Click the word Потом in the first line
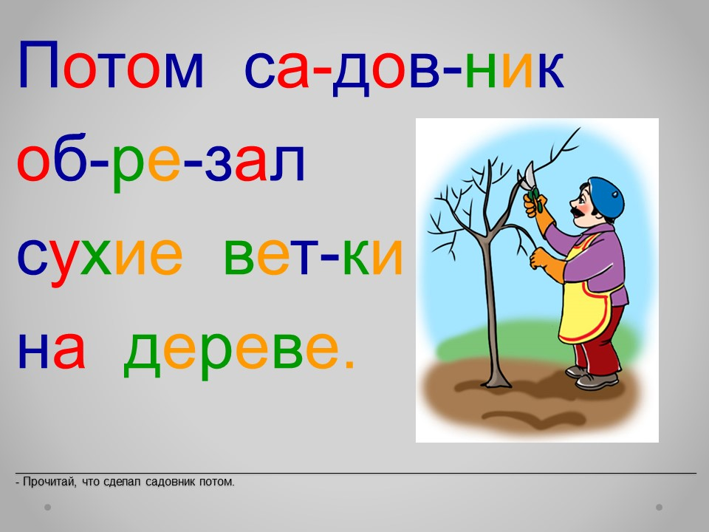(x=111, y=64)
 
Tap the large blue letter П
(x=38, y=64)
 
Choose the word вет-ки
(x=313, y=256)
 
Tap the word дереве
(x=231, y=353)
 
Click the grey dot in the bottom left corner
(x=47, y=507)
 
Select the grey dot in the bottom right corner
(x=659, y=507)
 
